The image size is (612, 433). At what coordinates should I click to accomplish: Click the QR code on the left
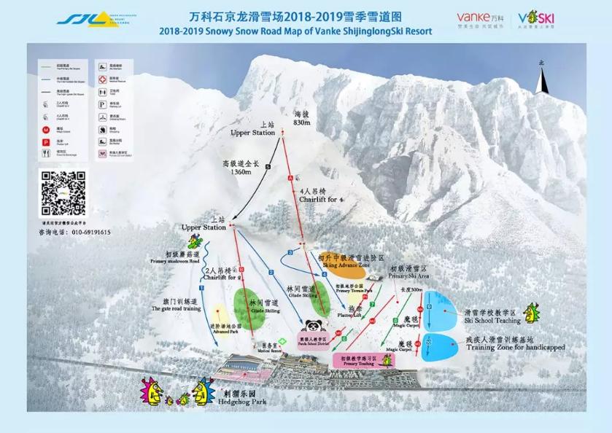(x=63, y=193)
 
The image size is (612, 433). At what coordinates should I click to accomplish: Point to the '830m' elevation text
(x=302, y=122)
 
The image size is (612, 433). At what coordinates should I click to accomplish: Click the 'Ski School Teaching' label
(x=492, y=320)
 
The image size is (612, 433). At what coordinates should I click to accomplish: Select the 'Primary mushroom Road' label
(x=174, y=260)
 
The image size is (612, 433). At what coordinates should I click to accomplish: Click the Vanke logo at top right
(x=481, y=17)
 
